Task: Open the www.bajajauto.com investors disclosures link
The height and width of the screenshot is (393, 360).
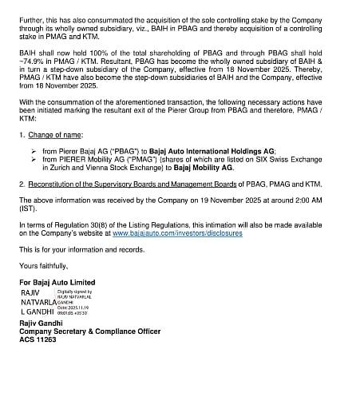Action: click(177, 233)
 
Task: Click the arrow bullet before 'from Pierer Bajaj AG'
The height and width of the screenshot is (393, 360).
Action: click(34, 151)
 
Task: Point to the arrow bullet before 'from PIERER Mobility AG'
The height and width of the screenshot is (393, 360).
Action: click(34, 159)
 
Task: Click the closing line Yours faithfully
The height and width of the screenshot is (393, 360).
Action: click(44, 265)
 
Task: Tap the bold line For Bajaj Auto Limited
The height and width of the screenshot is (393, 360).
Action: click(57, 282)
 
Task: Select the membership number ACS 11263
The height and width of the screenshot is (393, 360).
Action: click(38, 339)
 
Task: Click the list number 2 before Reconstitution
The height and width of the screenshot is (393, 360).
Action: click(22, 183)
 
